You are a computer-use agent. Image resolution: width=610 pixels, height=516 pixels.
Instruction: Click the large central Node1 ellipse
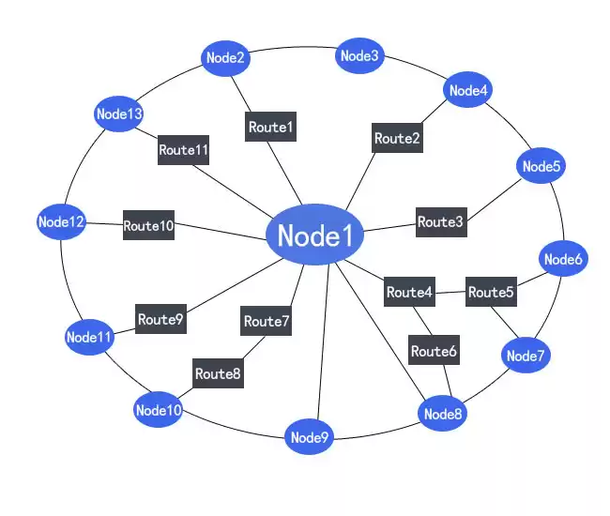314,235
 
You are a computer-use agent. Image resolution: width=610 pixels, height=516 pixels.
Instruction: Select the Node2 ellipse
225,58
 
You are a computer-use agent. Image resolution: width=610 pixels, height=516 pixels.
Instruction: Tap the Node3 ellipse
359,56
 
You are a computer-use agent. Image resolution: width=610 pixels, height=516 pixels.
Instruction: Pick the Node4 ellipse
468,91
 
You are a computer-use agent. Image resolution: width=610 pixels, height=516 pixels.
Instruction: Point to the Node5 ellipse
541,167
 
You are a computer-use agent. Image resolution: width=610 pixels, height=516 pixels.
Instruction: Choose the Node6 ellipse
563,260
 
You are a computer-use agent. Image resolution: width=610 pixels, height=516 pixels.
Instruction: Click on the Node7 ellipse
526,356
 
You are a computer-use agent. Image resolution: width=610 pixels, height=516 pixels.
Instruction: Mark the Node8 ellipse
443,414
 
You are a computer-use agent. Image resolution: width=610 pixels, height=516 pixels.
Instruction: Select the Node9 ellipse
310,437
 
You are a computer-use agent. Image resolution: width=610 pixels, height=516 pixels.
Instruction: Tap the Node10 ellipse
158,410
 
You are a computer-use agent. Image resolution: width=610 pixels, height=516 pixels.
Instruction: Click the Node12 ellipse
62,222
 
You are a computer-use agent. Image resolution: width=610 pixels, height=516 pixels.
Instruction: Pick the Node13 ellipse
119,114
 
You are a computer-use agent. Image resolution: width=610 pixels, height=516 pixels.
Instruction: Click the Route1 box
271,127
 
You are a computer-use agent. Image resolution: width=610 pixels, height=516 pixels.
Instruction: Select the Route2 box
397,138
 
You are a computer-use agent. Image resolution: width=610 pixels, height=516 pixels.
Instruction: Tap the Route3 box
441,222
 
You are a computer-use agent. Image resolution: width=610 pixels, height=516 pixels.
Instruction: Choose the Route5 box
491,293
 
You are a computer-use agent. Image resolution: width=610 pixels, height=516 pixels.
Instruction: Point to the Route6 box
434,352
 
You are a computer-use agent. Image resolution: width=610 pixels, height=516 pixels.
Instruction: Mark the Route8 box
218,373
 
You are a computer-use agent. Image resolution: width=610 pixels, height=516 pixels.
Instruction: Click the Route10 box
148,226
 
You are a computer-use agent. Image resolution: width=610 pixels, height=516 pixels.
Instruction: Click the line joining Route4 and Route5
450,293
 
